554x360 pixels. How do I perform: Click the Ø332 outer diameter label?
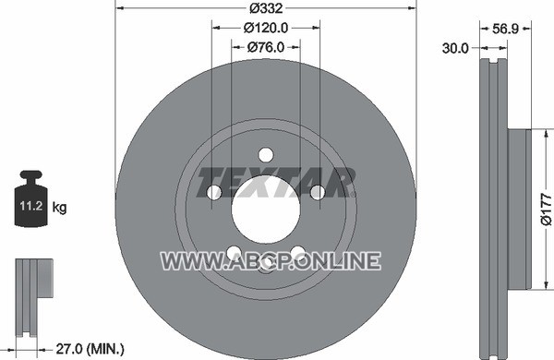(266, 7)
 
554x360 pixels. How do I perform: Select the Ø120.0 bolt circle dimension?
(266, 28)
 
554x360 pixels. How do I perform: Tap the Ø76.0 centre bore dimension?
(266, 47)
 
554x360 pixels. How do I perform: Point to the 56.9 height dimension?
(505, 29)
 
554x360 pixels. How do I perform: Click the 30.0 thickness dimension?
(455, 48)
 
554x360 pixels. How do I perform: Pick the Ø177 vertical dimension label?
(546, 209)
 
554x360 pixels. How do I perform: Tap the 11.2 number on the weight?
(31, 205)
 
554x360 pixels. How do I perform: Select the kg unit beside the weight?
(59, 207)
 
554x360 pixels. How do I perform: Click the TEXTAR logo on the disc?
(276, 182)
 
